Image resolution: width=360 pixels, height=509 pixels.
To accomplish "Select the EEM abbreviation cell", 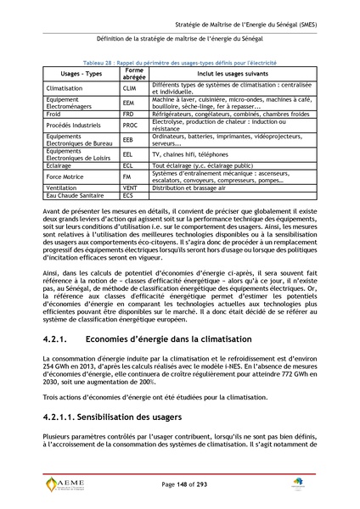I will pos(128,102).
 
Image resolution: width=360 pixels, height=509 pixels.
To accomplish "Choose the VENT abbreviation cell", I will pos(130,187).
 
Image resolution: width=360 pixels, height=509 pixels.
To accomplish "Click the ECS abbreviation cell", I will pos(128,195).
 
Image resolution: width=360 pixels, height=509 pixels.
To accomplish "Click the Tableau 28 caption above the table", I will pos(180,64).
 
